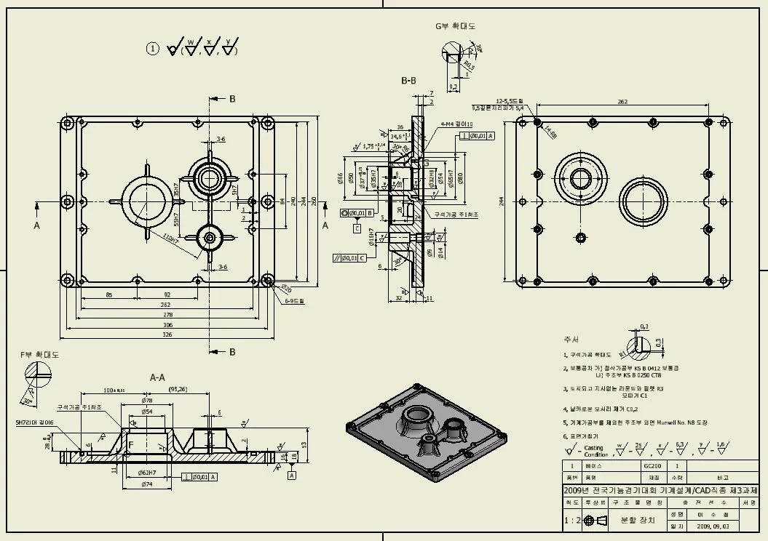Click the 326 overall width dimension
click(167, 334)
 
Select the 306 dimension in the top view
click(167, 324)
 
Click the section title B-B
click(408, 81)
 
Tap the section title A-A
click(157, 377)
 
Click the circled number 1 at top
click(152, 49)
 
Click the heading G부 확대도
click(455, 26)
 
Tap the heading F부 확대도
click(39, 355)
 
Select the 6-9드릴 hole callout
click(295, 300)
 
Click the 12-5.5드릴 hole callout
click(510, 100)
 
